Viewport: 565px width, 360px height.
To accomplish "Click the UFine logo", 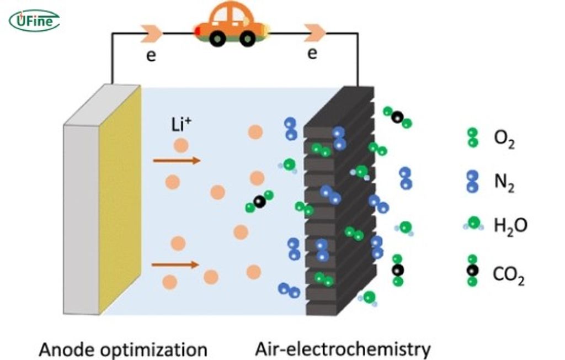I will pos(34,21).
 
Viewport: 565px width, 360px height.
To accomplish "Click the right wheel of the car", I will pos(248,38).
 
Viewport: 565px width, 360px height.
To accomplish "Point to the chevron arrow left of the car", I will pos(152,33).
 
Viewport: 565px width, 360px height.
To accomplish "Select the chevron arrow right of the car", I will pos(315,33).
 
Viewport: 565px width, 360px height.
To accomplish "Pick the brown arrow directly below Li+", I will pos(177,161).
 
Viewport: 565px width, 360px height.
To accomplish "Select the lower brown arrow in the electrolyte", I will pos(175,265).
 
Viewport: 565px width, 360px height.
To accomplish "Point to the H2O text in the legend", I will pos(510,225).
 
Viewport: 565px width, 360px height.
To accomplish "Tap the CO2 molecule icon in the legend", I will pos(472,270).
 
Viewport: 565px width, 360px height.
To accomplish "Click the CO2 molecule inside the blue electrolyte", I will pos(259,202).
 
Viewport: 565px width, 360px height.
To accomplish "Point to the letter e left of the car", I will pos(151,56).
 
